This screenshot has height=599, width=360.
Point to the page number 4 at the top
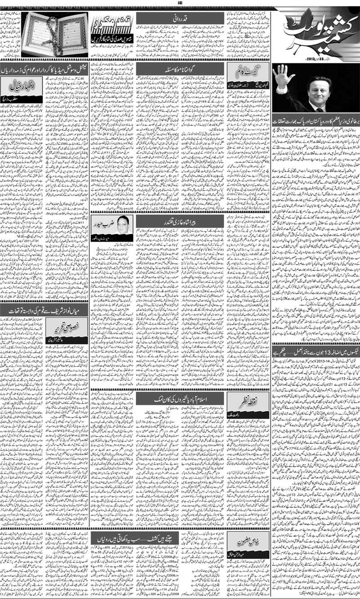pos(180,4)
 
